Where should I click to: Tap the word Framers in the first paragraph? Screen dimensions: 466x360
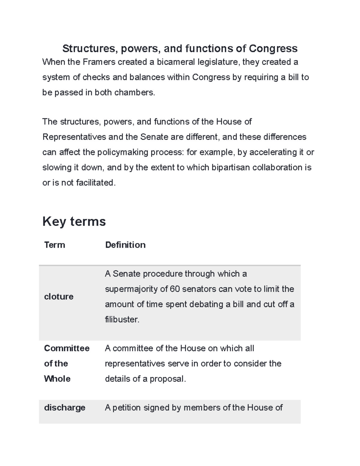tap(99, 62)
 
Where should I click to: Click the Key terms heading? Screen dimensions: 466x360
tap(74, 221)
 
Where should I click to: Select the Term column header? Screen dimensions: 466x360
tap(55, 245)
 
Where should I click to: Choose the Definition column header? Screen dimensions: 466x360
tap(125, 245)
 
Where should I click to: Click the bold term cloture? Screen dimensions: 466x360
tap(58, 296)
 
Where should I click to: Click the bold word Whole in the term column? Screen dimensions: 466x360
tap(57, 379)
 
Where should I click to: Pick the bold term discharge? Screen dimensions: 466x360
tap(64, 407)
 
